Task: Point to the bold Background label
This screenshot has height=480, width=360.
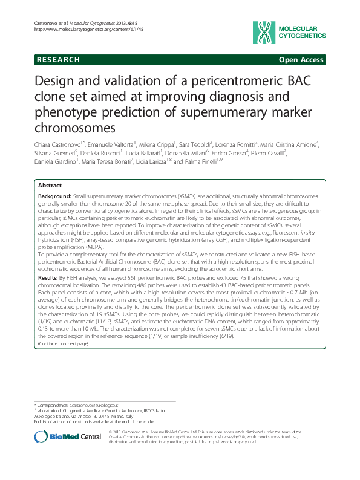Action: (54, 198)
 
